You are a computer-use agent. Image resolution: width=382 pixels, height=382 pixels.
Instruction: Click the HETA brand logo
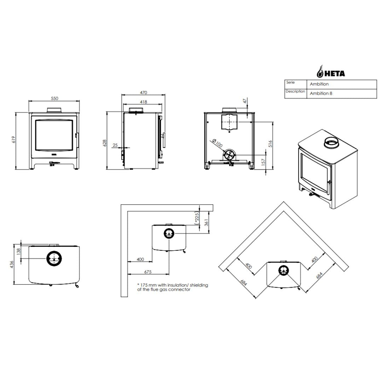[331, 71]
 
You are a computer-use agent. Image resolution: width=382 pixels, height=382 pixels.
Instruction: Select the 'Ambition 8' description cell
[321, 93]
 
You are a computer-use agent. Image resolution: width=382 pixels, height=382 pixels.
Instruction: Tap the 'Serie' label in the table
[290, 82]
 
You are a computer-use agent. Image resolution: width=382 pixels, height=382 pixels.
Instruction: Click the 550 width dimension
[54, 98]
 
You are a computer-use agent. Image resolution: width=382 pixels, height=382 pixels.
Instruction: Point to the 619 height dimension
[14, 140]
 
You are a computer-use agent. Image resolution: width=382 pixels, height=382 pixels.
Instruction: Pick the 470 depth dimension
[144, 93]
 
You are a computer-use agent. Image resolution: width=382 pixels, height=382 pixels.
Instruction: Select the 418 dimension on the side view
[144, 102]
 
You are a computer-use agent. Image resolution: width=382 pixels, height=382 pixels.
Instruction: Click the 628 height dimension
[105, 143]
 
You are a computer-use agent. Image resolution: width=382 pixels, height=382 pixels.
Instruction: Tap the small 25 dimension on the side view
[115, 145]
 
